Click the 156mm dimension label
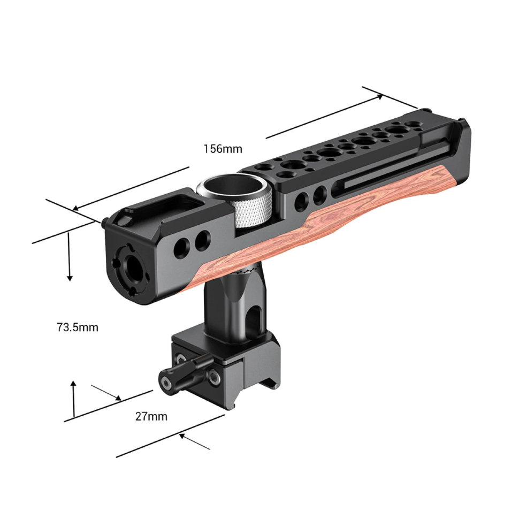click(x=223, y=149)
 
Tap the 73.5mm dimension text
click(x=78, y=327)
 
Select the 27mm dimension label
click(x=151, y=416)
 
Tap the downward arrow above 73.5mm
click(x=70, y=276)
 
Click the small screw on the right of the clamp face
click(x=214, y=378)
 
